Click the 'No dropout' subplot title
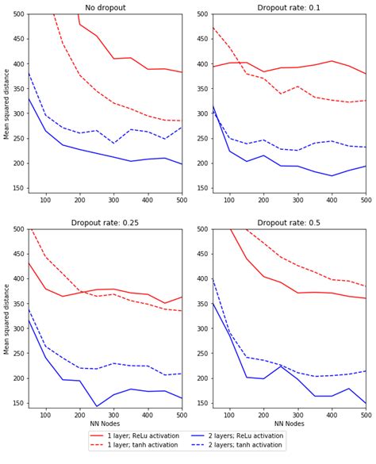point(105,8)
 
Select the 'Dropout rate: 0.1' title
point(290,8)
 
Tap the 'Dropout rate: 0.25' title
point(105,223)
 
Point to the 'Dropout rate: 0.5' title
point(290,223)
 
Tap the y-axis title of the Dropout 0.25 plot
point(7,318)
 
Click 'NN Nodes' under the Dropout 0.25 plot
point(105,424)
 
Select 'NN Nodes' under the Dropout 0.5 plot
point(290,424)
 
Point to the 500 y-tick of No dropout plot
point(17,14)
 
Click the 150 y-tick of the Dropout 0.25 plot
point(17,404)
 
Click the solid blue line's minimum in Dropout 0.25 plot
point(97,407)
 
